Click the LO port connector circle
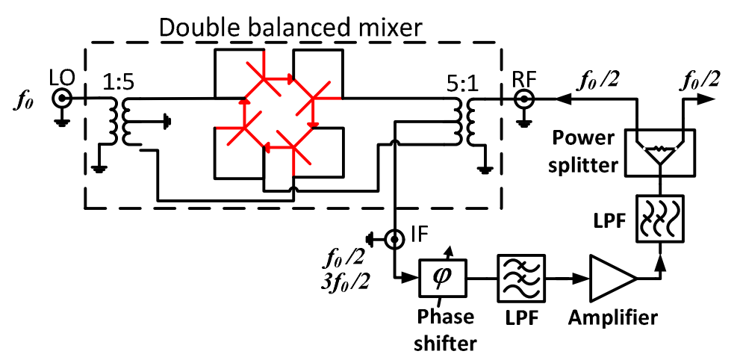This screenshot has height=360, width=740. click(59, 98)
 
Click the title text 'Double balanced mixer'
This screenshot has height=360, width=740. click(291, 29)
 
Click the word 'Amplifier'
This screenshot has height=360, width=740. click(613, 317)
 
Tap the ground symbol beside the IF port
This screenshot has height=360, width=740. click(371, 239)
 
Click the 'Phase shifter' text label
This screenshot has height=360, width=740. click(447, 329)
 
